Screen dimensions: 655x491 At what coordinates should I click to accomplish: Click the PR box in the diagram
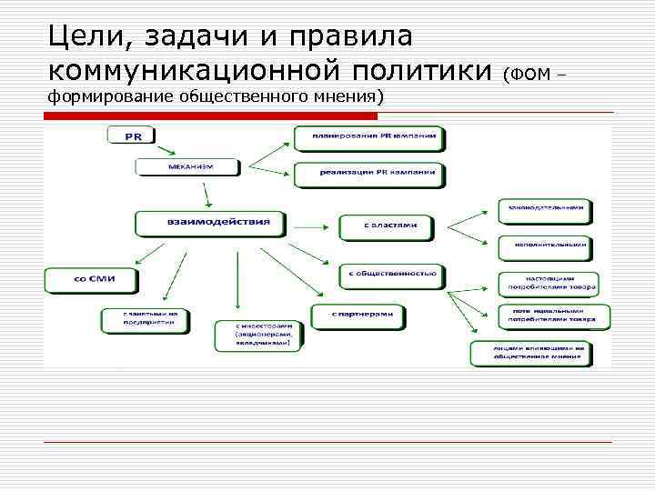click(x=131, y=136)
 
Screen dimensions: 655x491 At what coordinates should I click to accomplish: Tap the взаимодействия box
click(x=210, y=222)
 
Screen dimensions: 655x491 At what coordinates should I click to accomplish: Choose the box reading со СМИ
click(x=93, y=278)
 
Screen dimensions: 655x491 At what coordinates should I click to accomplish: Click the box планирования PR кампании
click(x=368, y=138)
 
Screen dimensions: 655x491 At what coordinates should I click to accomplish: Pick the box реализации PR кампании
click(x=368, y=172)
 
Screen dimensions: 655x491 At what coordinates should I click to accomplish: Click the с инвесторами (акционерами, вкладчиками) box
click(x=255, y=335)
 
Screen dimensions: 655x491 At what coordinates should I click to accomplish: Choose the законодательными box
click(x=546, y=210)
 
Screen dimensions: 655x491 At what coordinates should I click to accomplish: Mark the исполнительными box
click(x=546, y=246)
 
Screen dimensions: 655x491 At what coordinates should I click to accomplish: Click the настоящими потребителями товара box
click(x=548, y=283)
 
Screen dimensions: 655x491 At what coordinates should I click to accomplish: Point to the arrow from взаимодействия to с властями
click(x=310, y=224)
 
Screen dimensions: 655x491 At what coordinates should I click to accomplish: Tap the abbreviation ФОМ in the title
click(x=531, y=73)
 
